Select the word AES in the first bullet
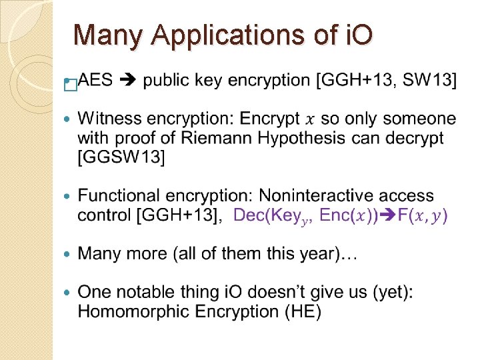[96, 81]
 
